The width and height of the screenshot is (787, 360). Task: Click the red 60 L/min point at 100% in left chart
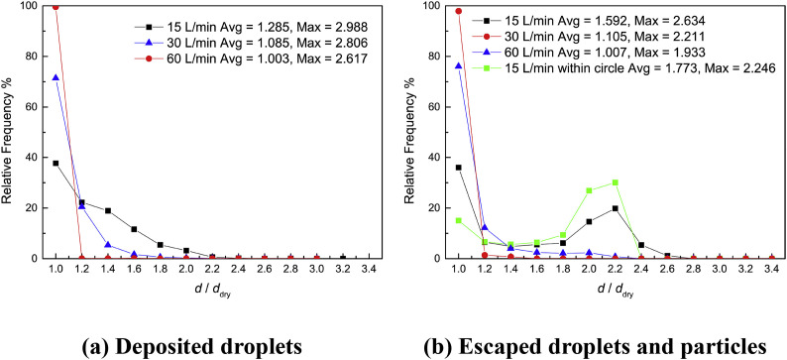pyautogui.click(x=56, y=7)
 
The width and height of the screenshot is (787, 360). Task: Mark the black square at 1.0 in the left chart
pyautogui.click(x=56, y=163)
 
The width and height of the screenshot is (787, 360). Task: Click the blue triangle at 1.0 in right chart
pyautogui.click(x=459, y=66)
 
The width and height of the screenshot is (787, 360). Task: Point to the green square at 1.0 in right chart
pyautogui.click(x=459, y=220)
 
